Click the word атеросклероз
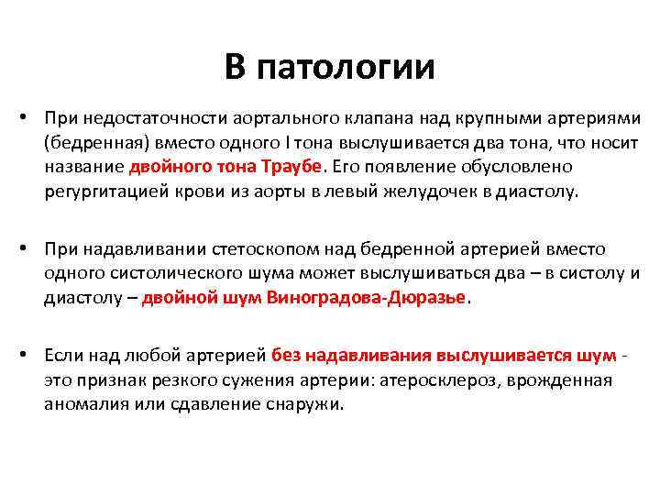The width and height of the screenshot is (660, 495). [441, 379]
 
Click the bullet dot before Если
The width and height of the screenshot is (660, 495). [30, 355]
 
